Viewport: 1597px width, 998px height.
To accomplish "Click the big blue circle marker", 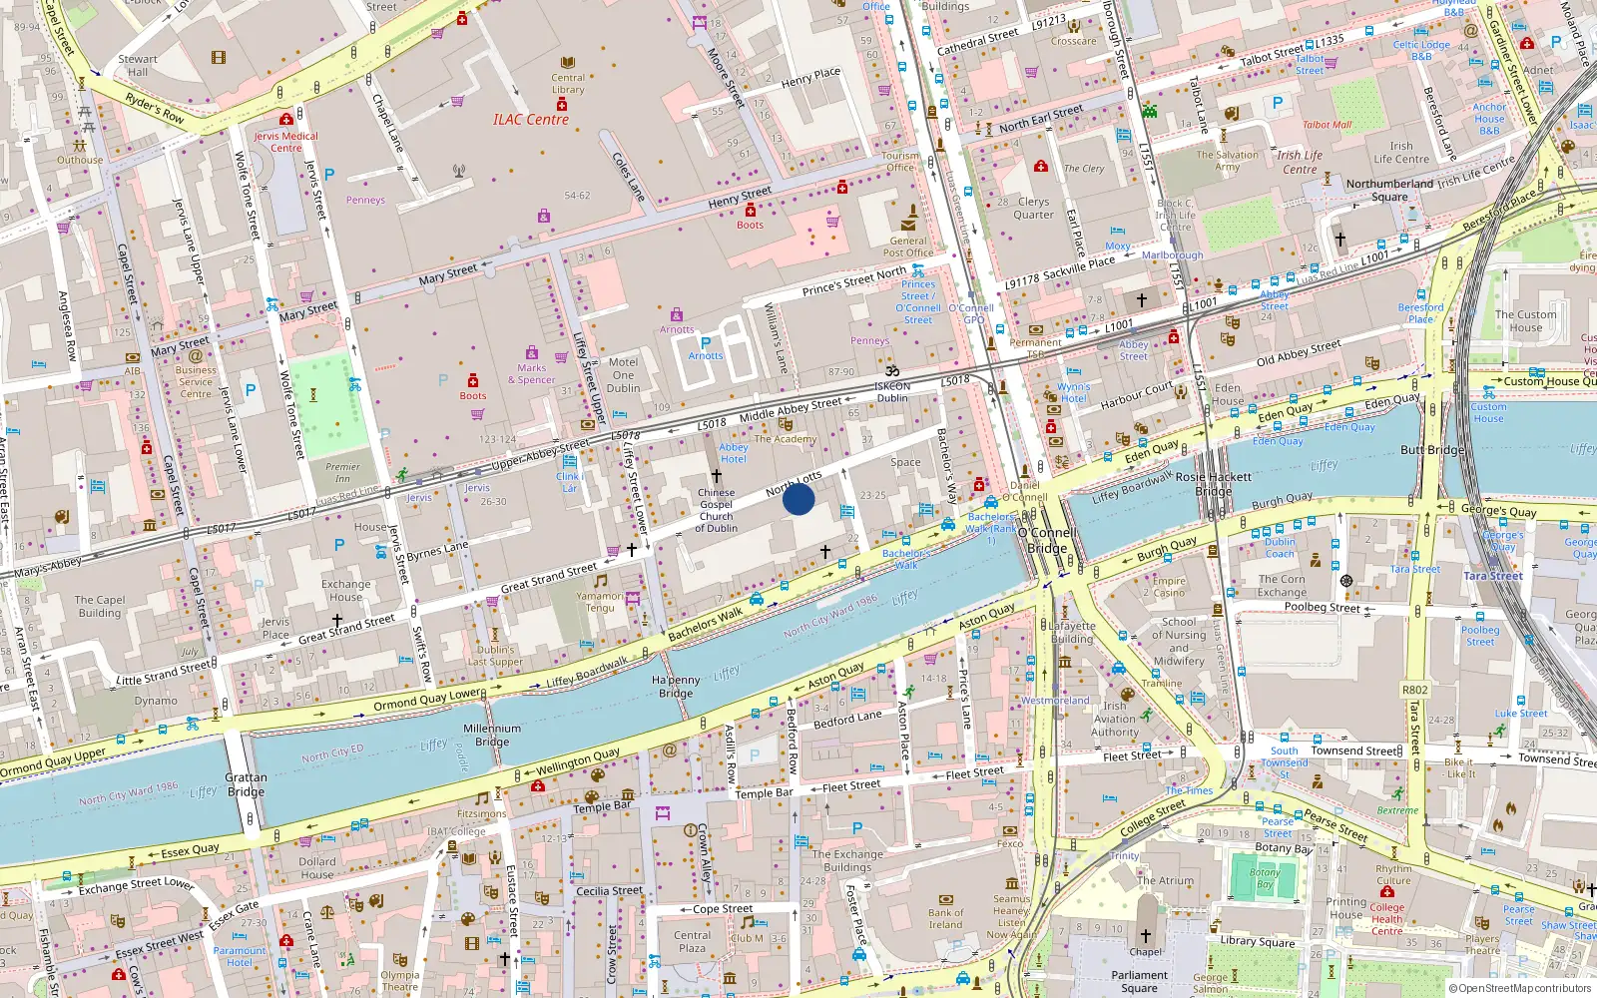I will point(798,499).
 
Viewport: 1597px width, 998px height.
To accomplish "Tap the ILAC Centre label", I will point(530,120).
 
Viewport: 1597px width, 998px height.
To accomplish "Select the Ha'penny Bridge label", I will point(676,687).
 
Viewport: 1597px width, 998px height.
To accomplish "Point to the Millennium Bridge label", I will point(492,735).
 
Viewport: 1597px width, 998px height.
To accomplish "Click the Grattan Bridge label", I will point(246,784).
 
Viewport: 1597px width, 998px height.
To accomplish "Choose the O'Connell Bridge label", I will point(1046,540).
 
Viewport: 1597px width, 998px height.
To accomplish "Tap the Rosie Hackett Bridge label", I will point(1213,484).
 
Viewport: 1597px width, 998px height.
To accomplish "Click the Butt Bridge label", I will point(1432,450).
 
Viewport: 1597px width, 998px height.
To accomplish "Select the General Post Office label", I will point(907,247).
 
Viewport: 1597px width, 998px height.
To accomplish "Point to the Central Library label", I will point(568,84).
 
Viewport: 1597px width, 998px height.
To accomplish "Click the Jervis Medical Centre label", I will point(285,142).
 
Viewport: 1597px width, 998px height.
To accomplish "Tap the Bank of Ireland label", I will point(945,918).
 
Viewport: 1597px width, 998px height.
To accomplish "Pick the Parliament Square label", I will point(1139,981).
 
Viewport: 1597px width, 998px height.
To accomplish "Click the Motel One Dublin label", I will point(623,375).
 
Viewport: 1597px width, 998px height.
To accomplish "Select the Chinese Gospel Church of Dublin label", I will point(716,510).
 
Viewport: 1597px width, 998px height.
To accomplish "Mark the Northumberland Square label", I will point(1389,190).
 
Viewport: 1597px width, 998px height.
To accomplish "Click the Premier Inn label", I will point(342,472).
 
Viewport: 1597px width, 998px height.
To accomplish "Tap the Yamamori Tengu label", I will point(599,602).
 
